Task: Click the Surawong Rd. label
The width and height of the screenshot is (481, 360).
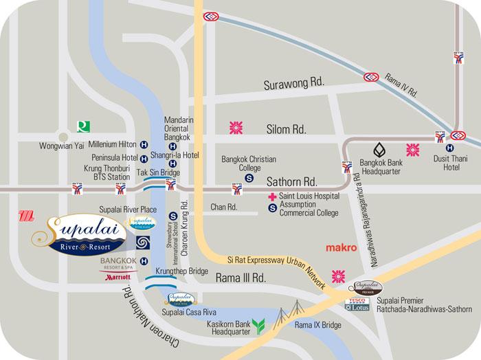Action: (293, 85)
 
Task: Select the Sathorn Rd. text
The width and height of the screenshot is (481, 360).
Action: (291, 182)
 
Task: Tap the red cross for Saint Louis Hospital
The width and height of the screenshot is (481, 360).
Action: (272, 196)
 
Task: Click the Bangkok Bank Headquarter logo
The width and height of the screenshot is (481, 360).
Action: (379, 148)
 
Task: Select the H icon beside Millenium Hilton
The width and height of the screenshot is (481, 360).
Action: (144, 145)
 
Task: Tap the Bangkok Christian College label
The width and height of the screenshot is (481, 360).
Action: (248, 163)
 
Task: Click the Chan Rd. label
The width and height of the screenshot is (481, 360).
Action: (223, 207)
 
